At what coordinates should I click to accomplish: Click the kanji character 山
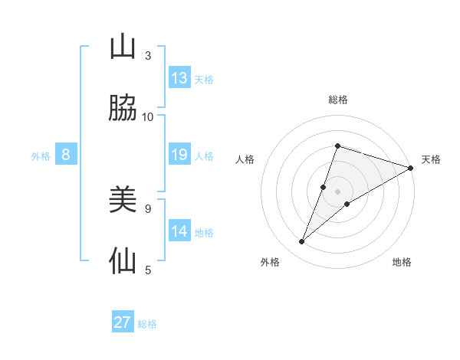123,47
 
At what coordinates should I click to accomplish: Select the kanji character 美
123,201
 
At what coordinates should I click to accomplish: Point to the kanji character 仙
123,260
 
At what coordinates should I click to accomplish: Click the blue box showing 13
179,78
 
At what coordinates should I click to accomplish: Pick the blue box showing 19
179,155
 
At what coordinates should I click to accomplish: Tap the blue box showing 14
179,231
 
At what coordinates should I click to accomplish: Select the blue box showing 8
66,155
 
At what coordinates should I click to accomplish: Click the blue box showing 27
123,322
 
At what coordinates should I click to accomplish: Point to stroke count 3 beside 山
148,56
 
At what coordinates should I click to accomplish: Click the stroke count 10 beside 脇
148,116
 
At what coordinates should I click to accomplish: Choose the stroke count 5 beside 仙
148,269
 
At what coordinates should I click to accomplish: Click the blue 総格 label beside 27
148,324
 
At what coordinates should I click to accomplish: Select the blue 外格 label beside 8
41,156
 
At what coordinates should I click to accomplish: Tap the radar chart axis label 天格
431,159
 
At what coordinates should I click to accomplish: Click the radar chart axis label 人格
245,159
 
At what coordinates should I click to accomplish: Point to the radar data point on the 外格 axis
302,242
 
